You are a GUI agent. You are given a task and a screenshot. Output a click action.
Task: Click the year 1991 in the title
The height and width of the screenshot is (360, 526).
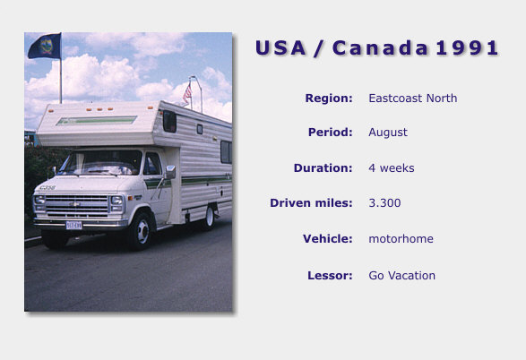(x=467, y=47)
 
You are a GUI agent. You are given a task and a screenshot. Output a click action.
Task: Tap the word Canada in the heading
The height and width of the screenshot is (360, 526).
(x=381, y=47)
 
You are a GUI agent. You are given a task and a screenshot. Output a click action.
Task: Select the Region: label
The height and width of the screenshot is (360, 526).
(x=329, y=99)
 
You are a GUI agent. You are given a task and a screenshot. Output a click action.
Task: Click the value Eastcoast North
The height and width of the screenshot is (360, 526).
(x=412, y=99)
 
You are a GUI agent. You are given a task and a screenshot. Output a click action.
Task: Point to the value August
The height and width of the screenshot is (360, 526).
(x=388, y=133)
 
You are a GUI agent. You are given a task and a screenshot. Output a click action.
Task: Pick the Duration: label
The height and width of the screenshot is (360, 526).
(x=323, y=168)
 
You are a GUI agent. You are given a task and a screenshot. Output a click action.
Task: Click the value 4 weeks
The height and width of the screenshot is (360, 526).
(x=392, y=168)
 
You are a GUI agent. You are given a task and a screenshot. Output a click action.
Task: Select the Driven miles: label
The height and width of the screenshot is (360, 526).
(x=311, y=203)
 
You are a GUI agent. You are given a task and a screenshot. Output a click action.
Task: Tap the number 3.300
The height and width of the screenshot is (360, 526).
(x=384, y=203)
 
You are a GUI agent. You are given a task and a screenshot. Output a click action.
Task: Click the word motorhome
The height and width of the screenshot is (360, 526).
(x=401, y=239)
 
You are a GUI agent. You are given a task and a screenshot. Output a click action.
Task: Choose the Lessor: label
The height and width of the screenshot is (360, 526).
(x=330, y=276)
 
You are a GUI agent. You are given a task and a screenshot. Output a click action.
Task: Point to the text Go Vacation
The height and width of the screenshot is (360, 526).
(x=401, y=276)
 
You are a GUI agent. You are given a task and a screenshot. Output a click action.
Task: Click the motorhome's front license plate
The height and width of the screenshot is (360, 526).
(x=73, y=226)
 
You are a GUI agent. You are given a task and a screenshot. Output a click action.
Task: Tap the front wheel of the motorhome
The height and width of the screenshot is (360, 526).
(x=142, y=231)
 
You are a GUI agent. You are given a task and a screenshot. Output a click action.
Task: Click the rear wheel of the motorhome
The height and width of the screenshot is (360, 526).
(x=210, y=218)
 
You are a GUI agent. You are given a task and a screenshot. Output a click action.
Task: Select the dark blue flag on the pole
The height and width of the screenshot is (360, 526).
(x=45, y=46)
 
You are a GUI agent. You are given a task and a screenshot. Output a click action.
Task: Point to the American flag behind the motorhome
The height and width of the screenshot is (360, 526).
(x=187, y=93)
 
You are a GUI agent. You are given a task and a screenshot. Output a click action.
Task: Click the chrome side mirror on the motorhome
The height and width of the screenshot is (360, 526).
(x=170, y=172)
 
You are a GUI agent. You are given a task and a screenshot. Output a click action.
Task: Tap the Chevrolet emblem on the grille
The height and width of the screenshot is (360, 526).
(x=75, y=204)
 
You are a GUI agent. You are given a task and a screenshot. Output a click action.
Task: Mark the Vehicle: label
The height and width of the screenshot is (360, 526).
(x=328, y=239)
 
